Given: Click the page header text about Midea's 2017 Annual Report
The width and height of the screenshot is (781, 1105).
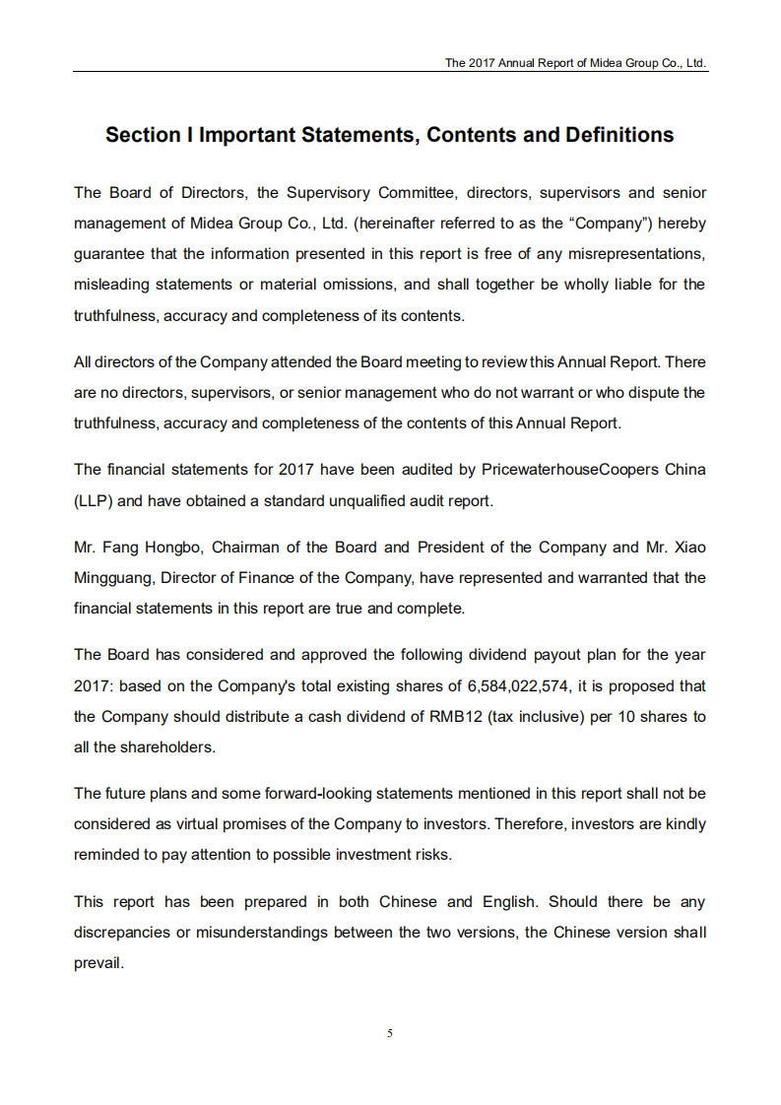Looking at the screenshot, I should pos(575,62).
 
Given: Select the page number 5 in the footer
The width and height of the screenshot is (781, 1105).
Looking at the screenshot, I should pos(390,1033).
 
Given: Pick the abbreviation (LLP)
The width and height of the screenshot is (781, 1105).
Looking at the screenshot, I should pos(94,500).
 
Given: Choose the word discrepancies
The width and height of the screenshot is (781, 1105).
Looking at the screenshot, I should pos(120,932).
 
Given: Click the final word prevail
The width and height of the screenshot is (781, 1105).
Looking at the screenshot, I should pos(98,962).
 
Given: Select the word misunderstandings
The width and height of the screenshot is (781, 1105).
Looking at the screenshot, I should pos(262,932).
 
